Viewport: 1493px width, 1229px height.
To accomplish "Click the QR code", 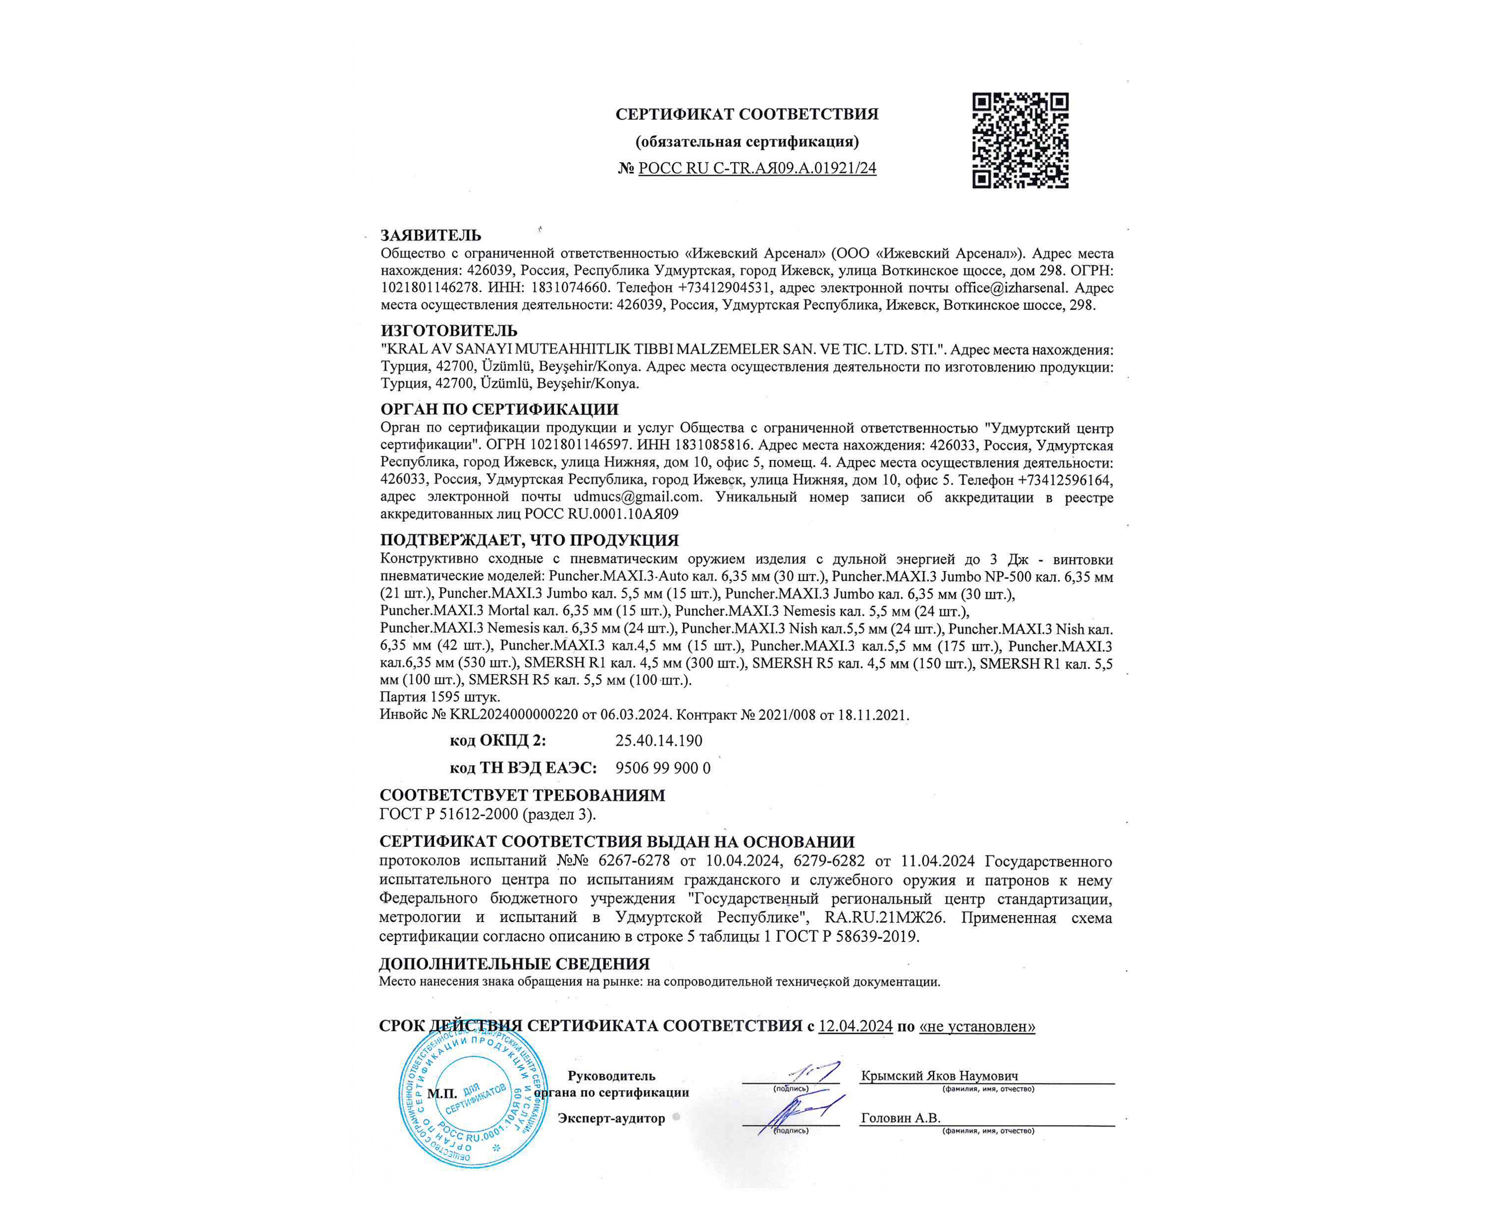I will pos(1020,140).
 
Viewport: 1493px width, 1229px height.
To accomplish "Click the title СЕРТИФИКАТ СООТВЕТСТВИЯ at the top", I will pos(746,114).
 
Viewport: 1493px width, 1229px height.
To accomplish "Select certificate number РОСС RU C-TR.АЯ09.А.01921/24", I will pos(757,168).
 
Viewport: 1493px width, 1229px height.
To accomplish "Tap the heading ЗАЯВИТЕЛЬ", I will pos(431,235).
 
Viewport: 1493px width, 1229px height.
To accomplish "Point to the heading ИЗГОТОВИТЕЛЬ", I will pos(448,330).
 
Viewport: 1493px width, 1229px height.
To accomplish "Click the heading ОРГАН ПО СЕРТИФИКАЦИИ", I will pos(499,409).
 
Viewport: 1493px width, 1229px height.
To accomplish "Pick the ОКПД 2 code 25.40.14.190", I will pos(658,741).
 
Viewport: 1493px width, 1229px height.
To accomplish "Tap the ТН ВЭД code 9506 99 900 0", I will pos(662,768).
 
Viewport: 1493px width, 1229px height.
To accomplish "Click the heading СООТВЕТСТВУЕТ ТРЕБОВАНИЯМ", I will pos(522,795).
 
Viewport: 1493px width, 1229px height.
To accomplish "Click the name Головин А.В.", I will pos(900,1118).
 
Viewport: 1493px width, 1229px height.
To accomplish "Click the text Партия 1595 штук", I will pos(439,697).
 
